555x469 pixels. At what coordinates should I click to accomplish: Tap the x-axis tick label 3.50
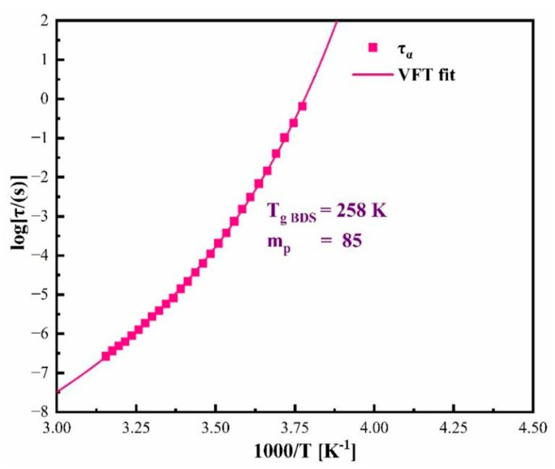point(215,424)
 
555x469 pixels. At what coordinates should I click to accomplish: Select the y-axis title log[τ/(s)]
point(16,217)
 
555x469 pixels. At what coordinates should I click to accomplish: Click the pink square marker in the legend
point(373,47)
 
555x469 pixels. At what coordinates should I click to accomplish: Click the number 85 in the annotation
point(355,240)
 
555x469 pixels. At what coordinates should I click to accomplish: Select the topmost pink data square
point(303,106)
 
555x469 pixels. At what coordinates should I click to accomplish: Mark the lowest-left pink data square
point(105,355)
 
